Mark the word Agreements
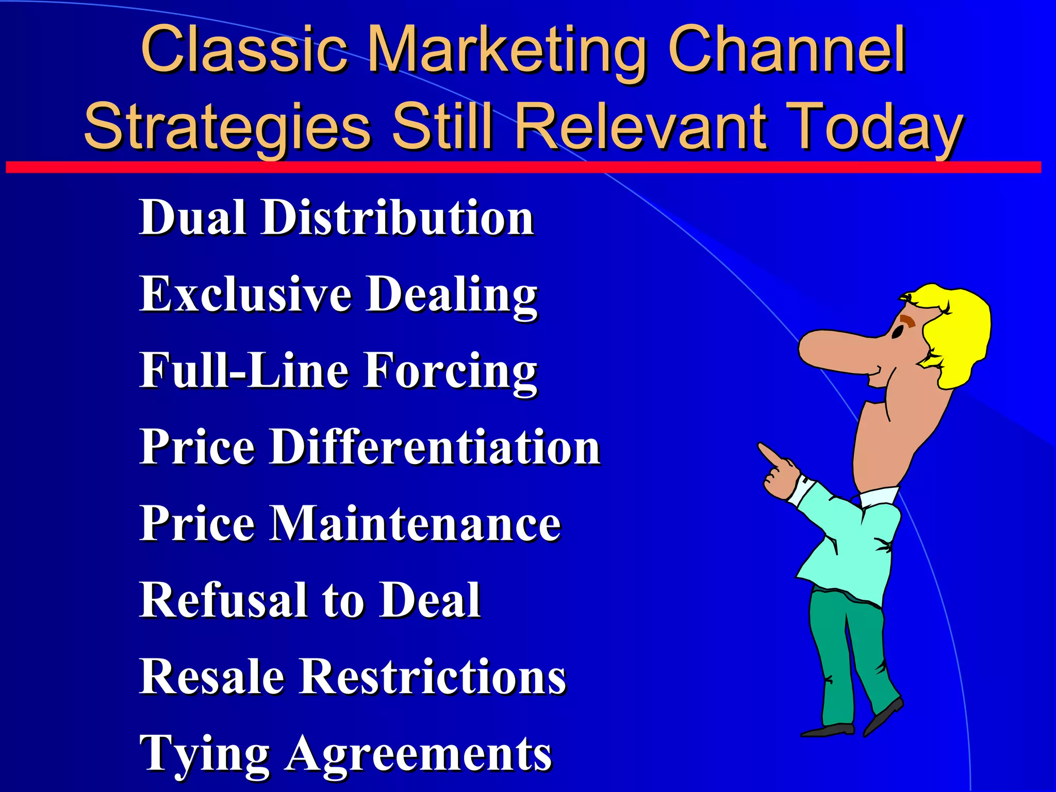[419, 753]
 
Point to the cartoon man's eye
[898, 333]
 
